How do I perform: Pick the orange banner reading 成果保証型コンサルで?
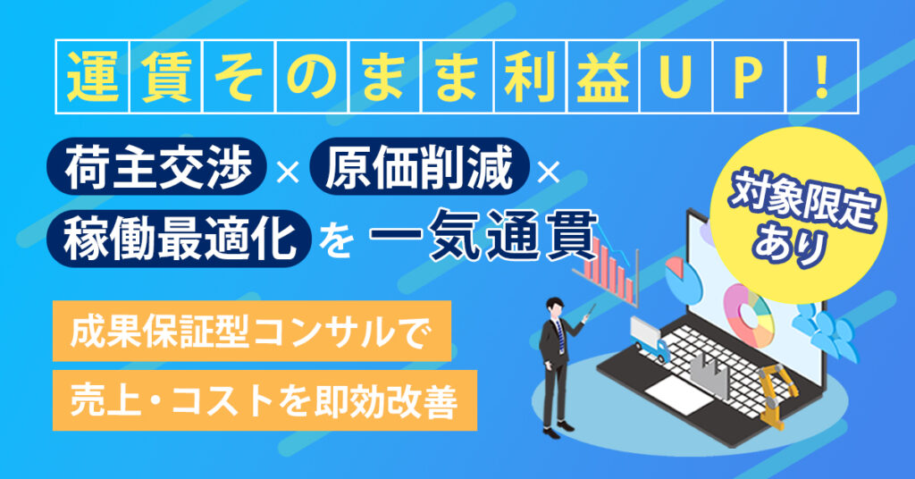click(252, 332)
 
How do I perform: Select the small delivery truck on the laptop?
click(650, 338)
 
